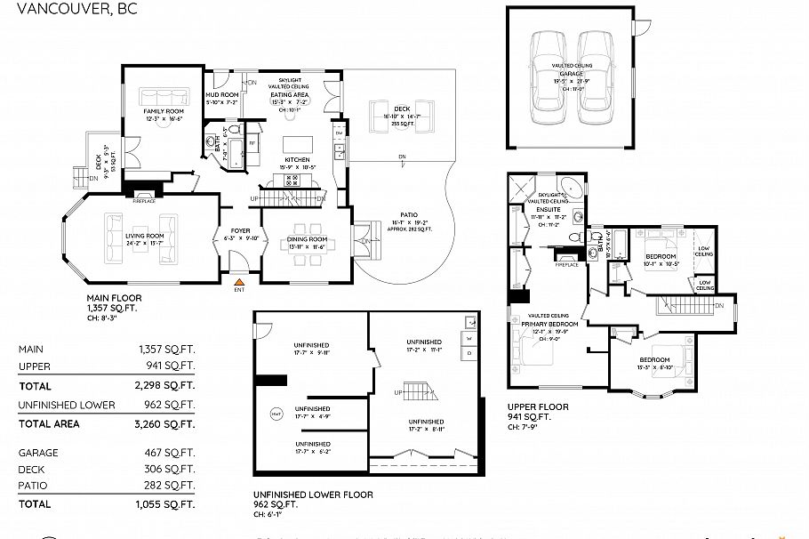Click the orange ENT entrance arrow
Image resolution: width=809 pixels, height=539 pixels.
(x=238, y=281)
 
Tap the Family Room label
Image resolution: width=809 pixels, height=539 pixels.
(x=164, y=111)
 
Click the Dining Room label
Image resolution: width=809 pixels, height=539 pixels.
(x=308, y=239)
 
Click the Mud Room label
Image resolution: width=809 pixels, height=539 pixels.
(x=222, y=94)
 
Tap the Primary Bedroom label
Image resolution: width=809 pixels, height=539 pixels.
(x=549, y=325)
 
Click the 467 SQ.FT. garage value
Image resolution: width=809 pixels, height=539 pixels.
(x=172, y=453)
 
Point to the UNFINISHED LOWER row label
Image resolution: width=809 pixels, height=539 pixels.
(x=67, y=405)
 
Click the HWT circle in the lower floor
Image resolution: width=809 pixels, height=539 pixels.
(x=276, y=414)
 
